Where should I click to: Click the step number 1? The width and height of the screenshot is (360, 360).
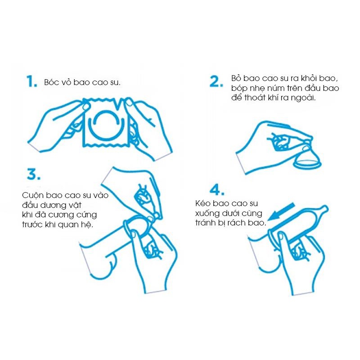point(31,81)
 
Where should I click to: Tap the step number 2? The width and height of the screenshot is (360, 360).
point(216,81)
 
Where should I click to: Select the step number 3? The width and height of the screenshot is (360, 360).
point(33,174)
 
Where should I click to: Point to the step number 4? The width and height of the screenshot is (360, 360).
point(217,190)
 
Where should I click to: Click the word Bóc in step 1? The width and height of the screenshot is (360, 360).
point(51,82)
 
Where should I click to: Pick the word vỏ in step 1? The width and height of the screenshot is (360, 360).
point(66,82)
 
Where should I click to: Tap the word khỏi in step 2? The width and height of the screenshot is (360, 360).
point(306,78)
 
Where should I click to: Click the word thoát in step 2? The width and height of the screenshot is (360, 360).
point(254,98)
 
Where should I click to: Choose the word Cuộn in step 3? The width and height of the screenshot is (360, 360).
point(33,195)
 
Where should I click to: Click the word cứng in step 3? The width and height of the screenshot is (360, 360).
point(86,215)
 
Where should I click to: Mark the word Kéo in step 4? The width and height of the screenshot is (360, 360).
point(203,203)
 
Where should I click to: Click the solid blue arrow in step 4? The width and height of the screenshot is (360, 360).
point(282,212)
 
